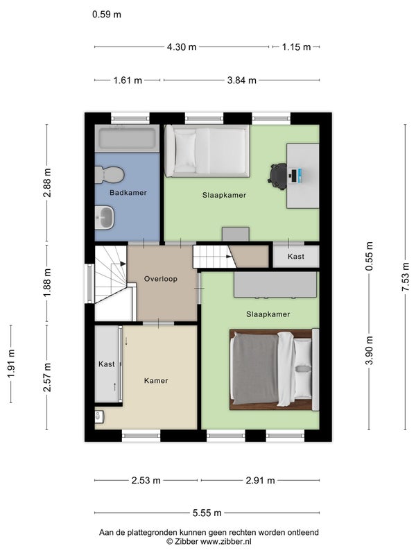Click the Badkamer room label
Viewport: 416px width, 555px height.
coord(128,193)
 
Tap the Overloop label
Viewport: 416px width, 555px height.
coord(161,279)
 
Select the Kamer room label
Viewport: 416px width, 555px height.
coord(156,380)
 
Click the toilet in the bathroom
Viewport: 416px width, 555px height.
coord(110,175)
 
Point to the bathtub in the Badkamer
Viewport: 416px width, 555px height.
coord(127,138)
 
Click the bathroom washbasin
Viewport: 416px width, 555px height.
coord(105,217)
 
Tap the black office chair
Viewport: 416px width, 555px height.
coord(278,176)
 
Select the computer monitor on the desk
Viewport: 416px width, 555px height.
coord(293,176)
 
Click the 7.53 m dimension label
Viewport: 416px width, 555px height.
coord(405,277)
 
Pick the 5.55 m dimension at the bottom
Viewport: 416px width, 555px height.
coord(207,513)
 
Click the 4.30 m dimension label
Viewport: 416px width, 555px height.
coord(182,46)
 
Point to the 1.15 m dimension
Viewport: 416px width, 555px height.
coord(297,46)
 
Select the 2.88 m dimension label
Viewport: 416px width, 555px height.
coord(47,182)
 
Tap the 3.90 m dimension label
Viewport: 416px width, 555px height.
coord(370,350)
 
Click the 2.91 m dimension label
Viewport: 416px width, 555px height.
coord(260,480)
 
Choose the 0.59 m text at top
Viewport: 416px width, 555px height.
coord(107,15)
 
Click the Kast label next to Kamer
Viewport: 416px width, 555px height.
coord(107,364)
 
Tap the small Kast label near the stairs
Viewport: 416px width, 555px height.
coord(296,256)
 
